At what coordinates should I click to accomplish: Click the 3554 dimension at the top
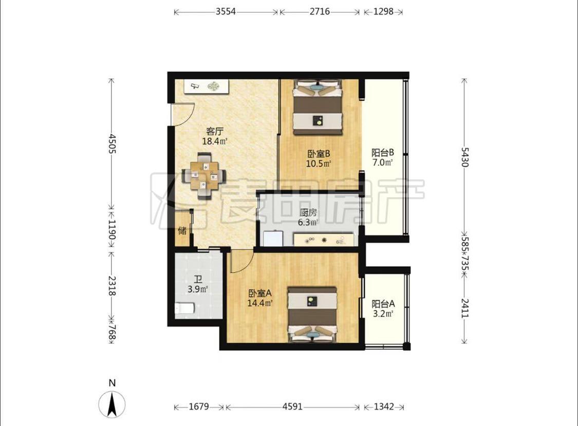coord(226,11)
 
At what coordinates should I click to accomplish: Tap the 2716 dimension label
coord(320,11)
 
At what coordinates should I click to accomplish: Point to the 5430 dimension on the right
coord(465,157)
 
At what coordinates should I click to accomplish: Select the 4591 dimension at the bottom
coord(292,406)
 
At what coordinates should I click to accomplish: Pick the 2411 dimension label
coord(465,308)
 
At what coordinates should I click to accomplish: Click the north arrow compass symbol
coord(111,404)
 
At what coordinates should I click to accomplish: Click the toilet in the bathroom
coord(184,308)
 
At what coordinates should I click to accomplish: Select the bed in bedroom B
coord(318,107)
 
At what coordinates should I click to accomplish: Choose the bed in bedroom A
coord(312,314)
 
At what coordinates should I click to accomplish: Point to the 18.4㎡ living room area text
coord(215,141)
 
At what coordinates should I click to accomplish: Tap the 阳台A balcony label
coord(383,304)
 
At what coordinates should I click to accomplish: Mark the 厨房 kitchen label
coord(308,213)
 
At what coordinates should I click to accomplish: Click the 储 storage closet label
coord(182,231)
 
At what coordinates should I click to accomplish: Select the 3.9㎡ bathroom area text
coord(198,289)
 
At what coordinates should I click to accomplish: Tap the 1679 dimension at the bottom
coord(199,406)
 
